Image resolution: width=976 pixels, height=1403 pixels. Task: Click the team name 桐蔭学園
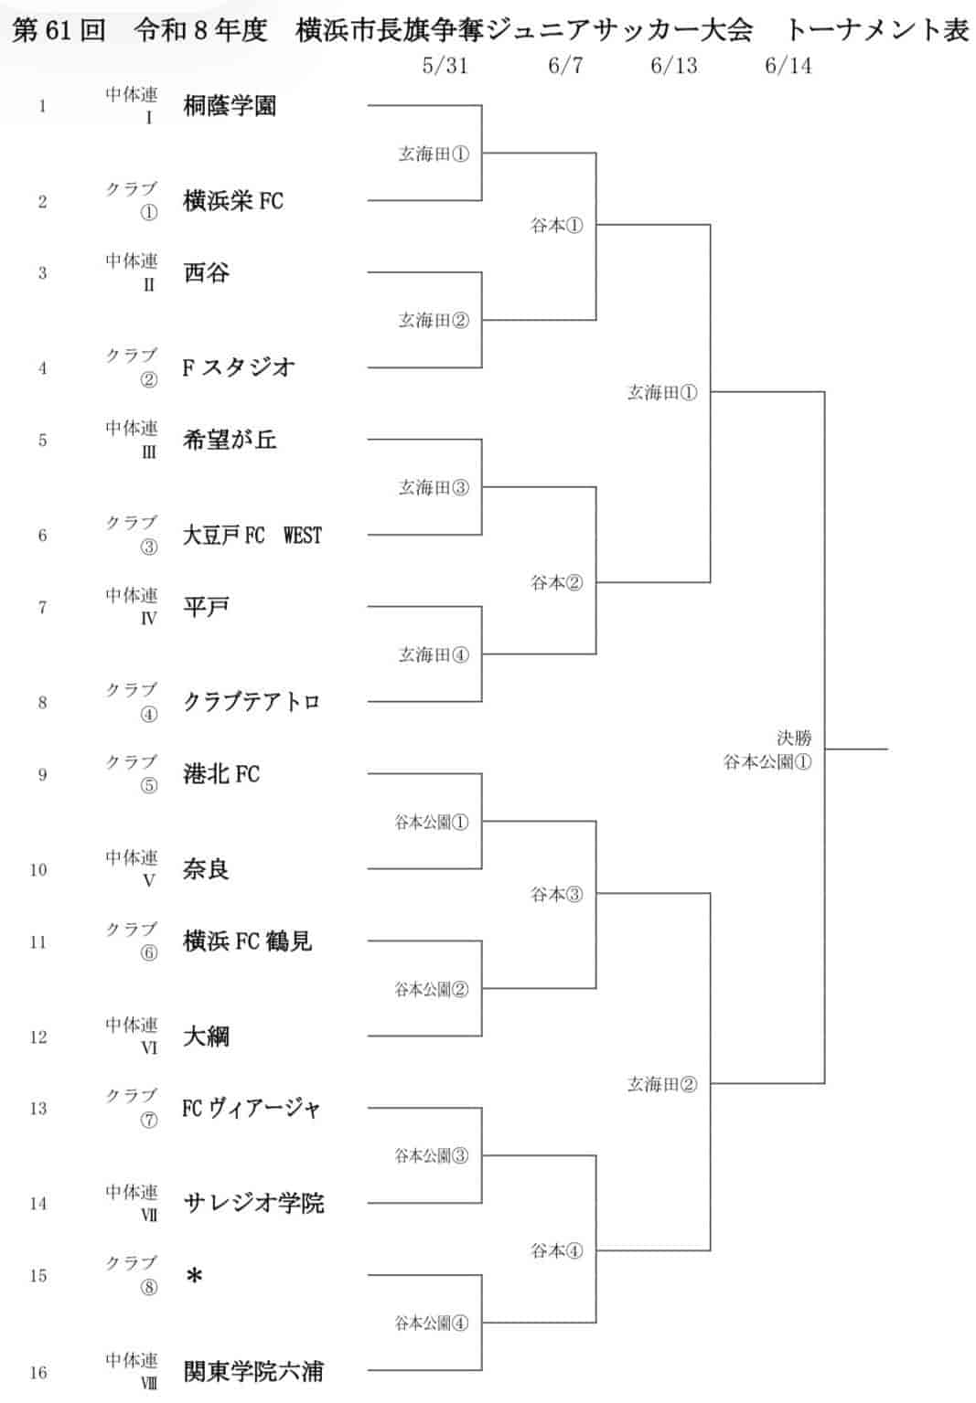click(x=230, y=106)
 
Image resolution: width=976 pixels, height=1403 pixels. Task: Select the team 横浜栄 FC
click(x=233, y=201)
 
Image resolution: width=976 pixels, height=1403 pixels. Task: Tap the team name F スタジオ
click(x=238, y=367)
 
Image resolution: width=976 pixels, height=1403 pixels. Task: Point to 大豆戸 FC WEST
click(x=252, y=536)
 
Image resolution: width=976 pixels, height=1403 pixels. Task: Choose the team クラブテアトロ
click(x=252, y=702)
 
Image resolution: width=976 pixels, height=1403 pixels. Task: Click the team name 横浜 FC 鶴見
click(x=247, y=941)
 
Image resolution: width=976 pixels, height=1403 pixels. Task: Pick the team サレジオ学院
click(x=253, y=1203)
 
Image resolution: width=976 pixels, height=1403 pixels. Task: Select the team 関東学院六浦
click(x=253, y=1371)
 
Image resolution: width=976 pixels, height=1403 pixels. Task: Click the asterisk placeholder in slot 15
click(x=194, y=1276)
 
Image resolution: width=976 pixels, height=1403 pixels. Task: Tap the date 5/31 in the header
click(x=445, y=66)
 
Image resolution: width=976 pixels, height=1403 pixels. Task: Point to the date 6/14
click(x=788, y=66)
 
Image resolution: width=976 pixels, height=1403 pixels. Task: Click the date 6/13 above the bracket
click(x=674, y=66)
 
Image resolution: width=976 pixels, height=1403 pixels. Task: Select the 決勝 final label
click(x=794, y=738)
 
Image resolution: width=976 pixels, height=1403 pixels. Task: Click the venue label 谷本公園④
click(x=431, y=1323)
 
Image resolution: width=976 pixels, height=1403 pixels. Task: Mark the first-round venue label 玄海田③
click(x=434, y=487)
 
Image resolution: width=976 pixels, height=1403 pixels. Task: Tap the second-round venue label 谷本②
click(x=557, y=583)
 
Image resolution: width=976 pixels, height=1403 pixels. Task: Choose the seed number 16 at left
click(x=38, y=1372)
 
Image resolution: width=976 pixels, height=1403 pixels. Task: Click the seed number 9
click(x=42, y=775)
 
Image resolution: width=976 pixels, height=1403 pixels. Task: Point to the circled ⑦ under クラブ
click(x=148, y=1120)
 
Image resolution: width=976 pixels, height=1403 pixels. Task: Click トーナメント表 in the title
click(x=876, y=29)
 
